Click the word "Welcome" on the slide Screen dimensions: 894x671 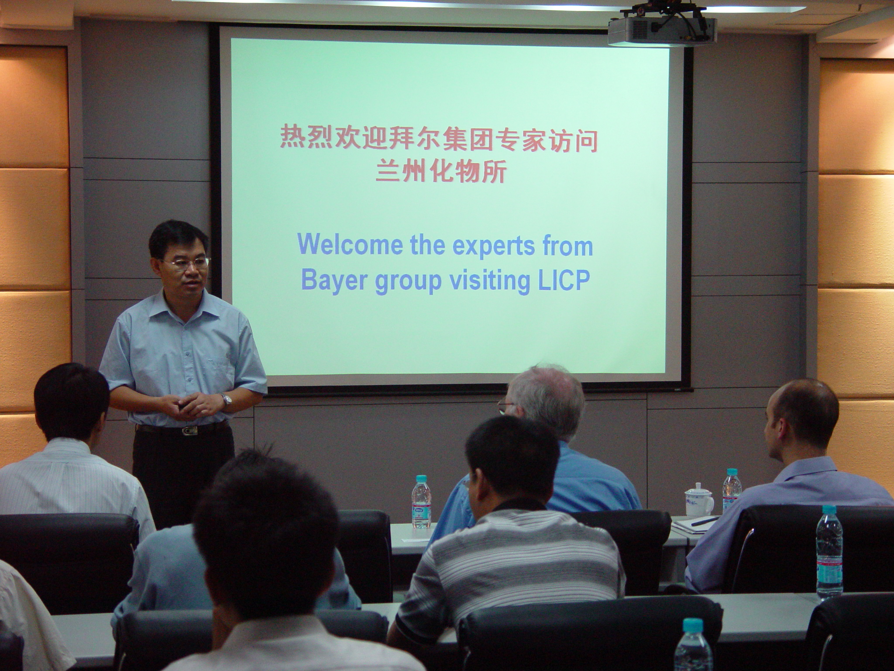tap(350, 246)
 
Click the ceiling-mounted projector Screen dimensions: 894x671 tap(662, 27)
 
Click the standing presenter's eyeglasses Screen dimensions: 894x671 tap(187, 263)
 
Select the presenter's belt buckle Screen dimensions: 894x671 tap(190, 431)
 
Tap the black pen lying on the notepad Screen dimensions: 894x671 tap(705, 521)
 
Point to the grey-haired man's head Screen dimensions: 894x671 tap(544, 401)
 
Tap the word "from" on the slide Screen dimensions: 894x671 tap(567, 246)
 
